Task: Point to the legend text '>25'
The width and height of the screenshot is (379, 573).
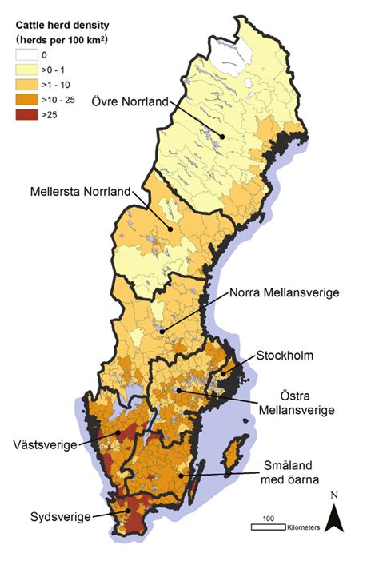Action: coord(58,114)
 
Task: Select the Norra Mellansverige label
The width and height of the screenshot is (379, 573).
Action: coord(284,292)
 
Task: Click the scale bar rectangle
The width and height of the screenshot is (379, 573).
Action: coord(269,527)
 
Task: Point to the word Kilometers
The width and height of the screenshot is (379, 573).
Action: coord(304,527)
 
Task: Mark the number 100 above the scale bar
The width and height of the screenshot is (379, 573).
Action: coord(269,519)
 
